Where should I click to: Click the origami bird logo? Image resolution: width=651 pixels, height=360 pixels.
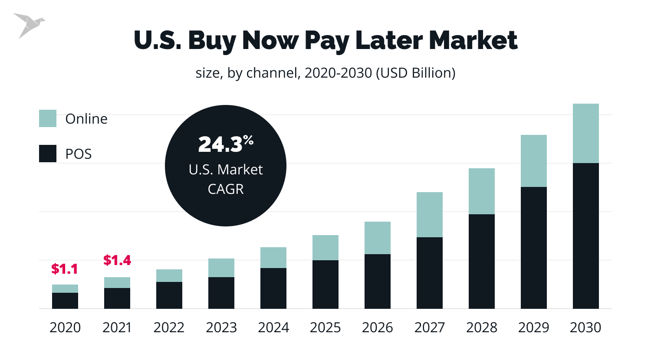(28, 25)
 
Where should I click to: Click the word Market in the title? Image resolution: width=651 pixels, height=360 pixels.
(473, 40)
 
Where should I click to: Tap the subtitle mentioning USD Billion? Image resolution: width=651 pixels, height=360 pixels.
(325, 73)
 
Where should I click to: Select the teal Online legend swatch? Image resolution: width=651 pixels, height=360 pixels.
(48, 118)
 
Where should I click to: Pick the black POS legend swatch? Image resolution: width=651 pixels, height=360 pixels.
(48, 154)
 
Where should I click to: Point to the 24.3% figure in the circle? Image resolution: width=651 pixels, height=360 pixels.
(226, 144)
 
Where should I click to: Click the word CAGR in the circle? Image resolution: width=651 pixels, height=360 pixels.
(226, 189)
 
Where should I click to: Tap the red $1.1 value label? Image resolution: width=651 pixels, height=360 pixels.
(65, 269)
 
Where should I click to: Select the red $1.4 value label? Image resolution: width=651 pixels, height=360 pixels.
(117, 260)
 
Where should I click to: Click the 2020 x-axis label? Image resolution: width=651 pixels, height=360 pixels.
(65, 327)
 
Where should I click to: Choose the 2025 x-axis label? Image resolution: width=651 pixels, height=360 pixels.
(325, 327)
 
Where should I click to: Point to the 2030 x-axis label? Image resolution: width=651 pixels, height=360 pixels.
(585, 327)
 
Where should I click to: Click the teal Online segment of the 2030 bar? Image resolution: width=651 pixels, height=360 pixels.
(586, 133)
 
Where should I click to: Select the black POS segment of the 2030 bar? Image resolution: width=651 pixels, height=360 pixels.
(586, 236)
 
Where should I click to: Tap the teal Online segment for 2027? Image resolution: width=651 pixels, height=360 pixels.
(430, 215)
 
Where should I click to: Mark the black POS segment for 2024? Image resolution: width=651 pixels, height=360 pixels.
(273, 288)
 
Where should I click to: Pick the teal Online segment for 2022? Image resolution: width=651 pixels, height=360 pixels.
(169, 275)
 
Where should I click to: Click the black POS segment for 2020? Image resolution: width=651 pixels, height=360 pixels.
(65, 301)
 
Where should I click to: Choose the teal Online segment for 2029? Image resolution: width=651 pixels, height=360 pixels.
(534, 161)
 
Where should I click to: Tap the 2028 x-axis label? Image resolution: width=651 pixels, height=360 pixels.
(482, 327)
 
